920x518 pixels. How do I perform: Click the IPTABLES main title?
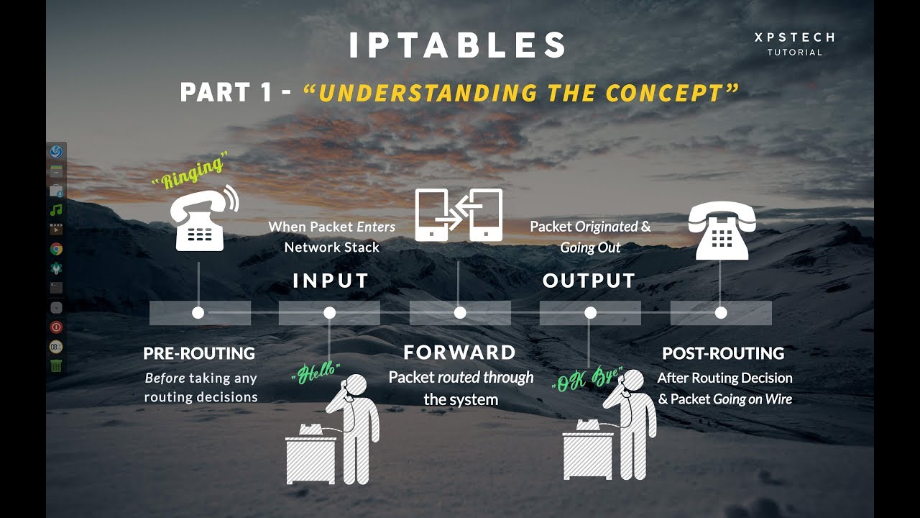click(459, 45)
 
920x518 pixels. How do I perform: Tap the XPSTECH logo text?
click(794, 37)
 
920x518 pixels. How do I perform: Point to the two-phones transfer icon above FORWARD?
click(459, 215)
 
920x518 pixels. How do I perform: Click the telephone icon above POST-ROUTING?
click(722, 230)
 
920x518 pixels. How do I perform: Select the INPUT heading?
click(331, 281)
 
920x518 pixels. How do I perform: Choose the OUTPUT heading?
click(589, 281)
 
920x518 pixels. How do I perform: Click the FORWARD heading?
click(459, 353)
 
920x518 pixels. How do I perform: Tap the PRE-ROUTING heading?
click(199, 353)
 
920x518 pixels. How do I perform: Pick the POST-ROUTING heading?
click(723, 353)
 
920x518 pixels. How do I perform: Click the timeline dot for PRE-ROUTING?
click(198, 313)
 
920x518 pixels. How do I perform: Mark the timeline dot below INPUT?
click(330, 313)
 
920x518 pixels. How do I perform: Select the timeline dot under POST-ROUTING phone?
click(721, 313)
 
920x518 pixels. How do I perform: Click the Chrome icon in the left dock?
click(56, 249)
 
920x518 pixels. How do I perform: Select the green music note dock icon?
click(56, 210)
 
